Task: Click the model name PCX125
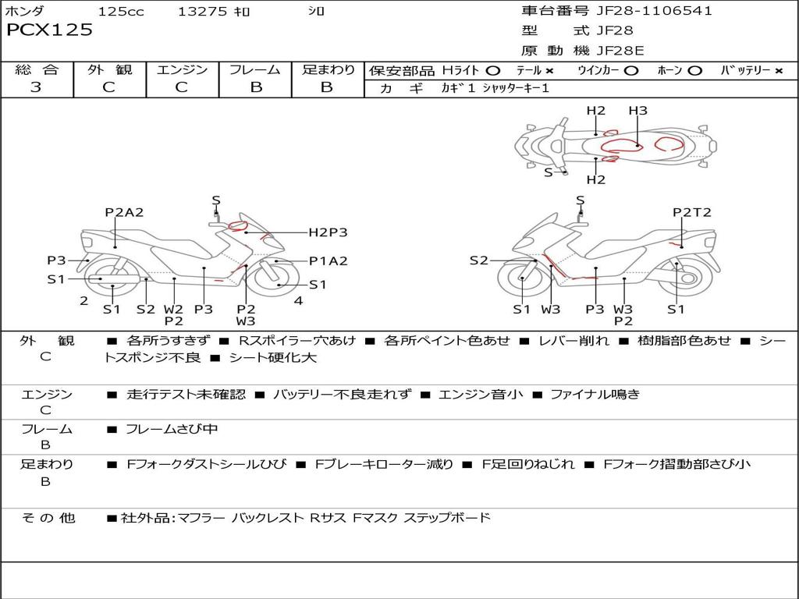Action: coord(49,30)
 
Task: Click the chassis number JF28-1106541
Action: coord(655,10)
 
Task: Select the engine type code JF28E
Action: coord(620,51)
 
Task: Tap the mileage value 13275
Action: coord(202,11)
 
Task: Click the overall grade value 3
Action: coord(36,87)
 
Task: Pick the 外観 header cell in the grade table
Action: coord(109,69)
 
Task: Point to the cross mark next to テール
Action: coord(549,71)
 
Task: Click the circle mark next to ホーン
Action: coord(694,71)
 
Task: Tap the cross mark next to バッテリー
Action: coord(779,71)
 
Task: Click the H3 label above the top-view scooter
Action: coord(637,111)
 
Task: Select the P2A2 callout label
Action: coord(124,212)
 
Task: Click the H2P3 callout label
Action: coord(328,232)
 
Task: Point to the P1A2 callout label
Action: coord(328,261)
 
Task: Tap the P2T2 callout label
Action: coord(691,212)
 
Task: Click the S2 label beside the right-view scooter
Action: coord(478,261)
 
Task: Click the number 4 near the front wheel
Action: coord(299,300)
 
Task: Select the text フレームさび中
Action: coord(172,430)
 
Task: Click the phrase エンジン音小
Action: coord(481,394)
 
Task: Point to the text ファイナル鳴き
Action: coord(595,394)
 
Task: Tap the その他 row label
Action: coord(48,518)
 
